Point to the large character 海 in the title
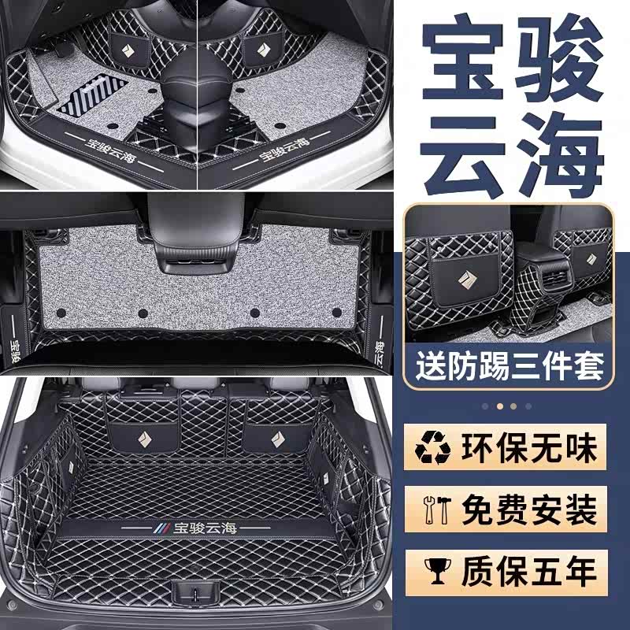(561, 154)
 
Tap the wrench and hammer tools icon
(438, 510)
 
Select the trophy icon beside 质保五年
(438, 570)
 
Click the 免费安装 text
(529, 510)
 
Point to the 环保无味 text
(529, 448)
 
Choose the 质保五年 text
(529, 570)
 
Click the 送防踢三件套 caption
(510, 365)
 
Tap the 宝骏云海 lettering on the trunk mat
(205, 528)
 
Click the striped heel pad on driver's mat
(93, 96)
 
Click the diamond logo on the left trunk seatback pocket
(144, 439)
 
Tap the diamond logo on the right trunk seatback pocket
(277, 439)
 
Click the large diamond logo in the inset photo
(467, 281)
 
